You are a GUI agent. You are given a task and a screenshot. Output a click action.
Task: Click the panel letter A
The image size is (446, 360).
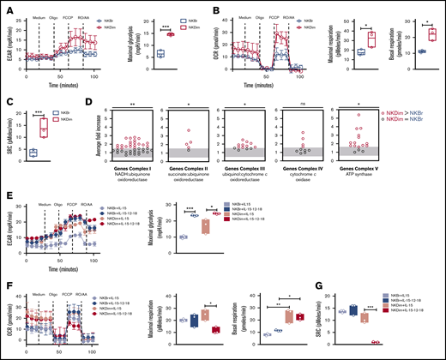5,8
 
